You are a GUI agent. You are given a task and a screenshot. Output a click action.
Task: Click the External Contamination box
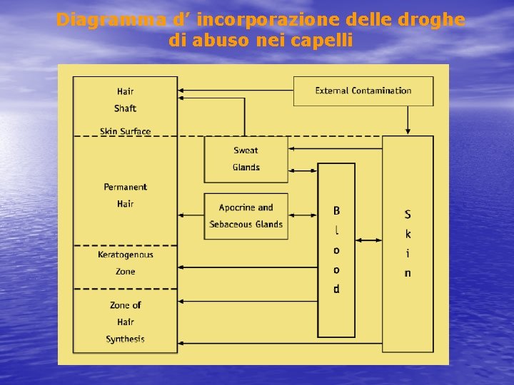point(363,91)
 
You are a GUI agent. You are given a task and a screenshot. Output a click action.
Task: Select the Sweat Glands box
point(246,159)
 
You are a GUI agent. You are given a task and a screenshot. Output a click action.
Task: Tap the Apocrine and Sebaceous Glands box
point(246,216)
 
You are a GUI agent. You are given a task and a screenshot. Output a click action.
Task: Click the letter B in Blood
point(336,211)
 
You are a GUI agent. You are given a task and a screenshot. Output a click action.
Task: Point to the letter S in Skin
point(408,214)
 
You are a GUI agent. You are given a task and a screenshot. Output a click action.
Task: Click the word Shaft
point(125,108)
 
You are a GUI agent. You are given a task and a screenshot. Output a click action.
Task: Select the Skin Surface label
point(126,131)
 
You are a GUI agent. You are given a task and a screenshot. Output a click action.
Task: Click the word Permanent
point(126,187)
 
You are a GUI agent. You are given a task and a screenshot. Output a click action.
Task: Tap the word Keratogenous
point(126,255)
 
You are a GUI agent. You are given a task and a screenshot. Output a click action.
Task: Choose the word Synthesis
point(126,339)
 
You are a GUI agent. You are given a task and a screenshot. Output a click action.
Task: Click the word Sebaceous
point(233,225)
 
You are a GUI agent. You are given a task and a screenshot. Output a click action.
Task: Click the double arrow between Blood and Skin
point(368,241)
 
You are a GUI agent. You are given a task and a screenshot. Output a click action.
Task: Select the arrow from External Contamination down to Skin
point(408,120)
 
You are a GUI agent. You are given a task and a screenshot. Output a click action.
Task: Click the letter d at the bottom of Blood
point(336,289)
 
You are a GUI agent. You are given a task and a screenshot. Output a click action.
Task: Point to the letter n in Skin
point(408,273)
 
